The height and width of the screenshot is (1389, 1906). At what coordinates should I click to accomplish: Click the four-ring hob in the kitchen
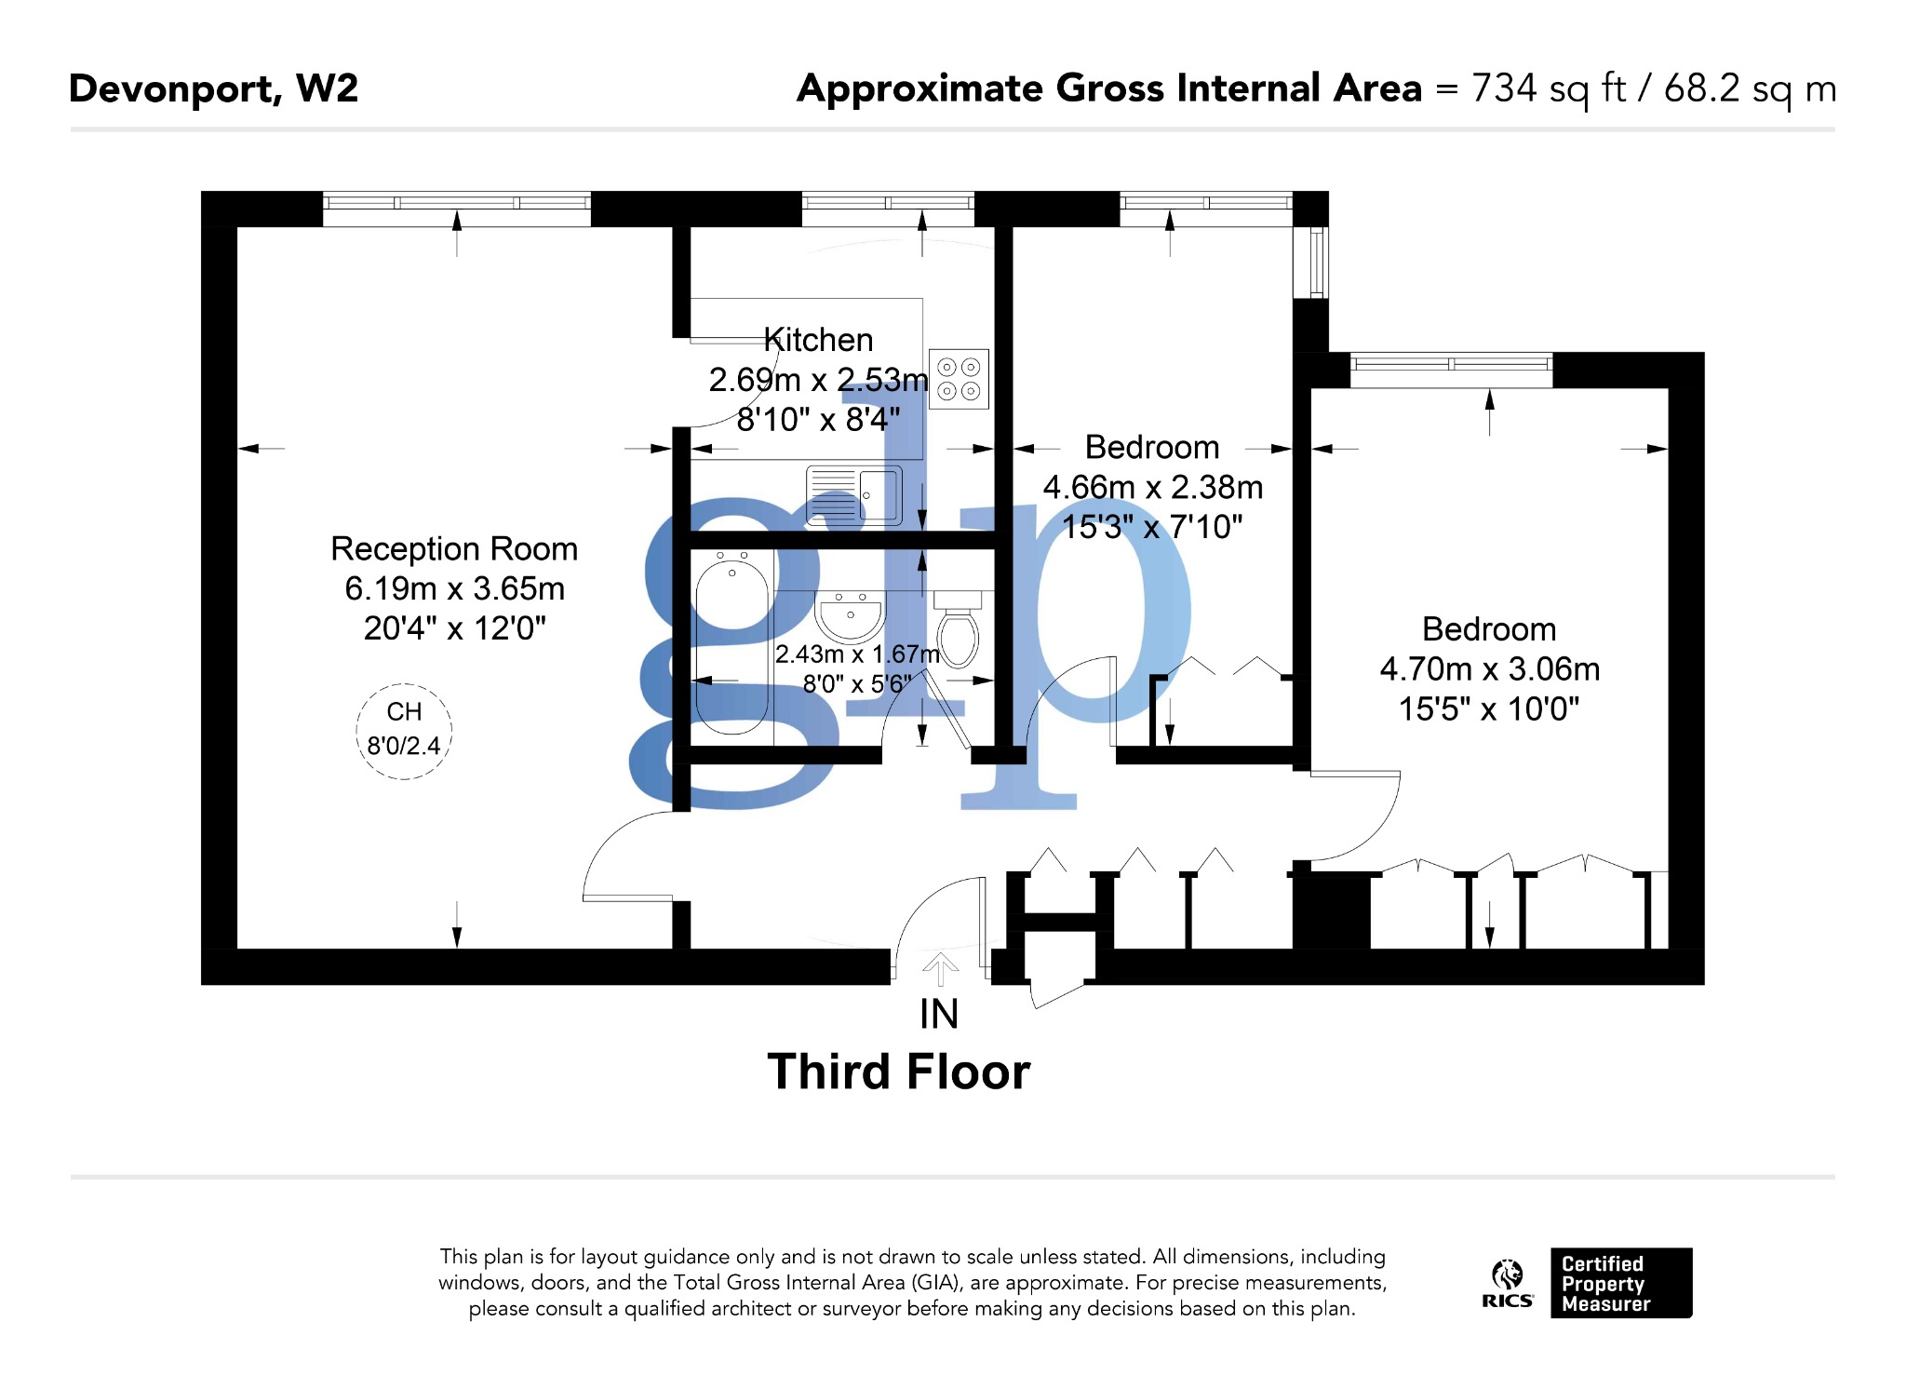coord(958,379)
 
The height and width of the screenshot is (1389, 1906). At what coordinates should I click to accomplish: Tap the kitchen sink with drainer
coord(853,494)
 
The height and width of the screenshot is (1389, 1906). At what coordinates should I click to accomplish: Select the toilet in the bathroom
coord(958,632)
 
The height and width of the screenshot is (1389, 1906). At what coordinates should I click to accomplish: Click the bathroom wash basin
coord(850,615)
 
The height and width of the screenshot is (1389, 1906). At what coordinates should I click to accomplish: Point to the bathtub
coord(732,642)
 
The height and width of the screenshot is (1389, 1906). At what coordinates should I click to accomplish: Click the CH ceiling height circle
coord(404,731)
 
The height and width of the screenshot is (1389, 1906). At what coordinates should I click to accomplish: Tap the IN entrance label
coord(938,1014)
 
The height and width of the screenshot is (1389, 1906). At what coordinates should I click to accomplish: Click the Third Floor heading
coord(898,1071)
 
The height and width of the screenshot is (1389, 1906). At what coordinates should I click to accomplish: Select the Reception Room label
coord(454,548)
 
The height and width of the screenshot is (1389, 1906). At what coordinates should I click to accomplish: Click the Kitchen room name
coord(818,340)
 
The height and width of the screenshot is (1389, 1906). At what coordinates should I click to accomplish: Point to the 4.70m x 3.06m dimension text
coord(1489,668)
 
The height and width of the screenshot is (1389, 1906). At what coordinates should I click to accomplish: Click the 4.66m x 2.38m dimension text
coord(1152,487)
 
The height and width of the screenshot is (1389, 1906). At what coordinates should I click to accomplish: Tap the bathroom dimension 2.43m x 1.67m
coord(856,654)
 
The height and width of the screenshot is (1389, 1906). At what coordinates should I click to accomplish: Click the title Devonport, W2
coord(213,88)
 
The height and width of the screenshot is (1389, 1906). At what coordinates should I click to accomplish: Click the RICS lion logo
coord(1507,1283)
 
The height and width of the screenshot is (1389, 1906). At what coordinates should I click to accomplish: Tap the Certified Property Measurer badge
coord(1620,1283)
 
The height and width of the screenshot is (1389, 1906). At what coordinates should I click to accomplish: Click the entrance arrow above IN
coord(940,968)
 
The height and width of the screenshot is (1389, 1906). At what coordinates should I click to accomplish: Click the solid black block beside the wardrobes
coord(1332,910)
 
